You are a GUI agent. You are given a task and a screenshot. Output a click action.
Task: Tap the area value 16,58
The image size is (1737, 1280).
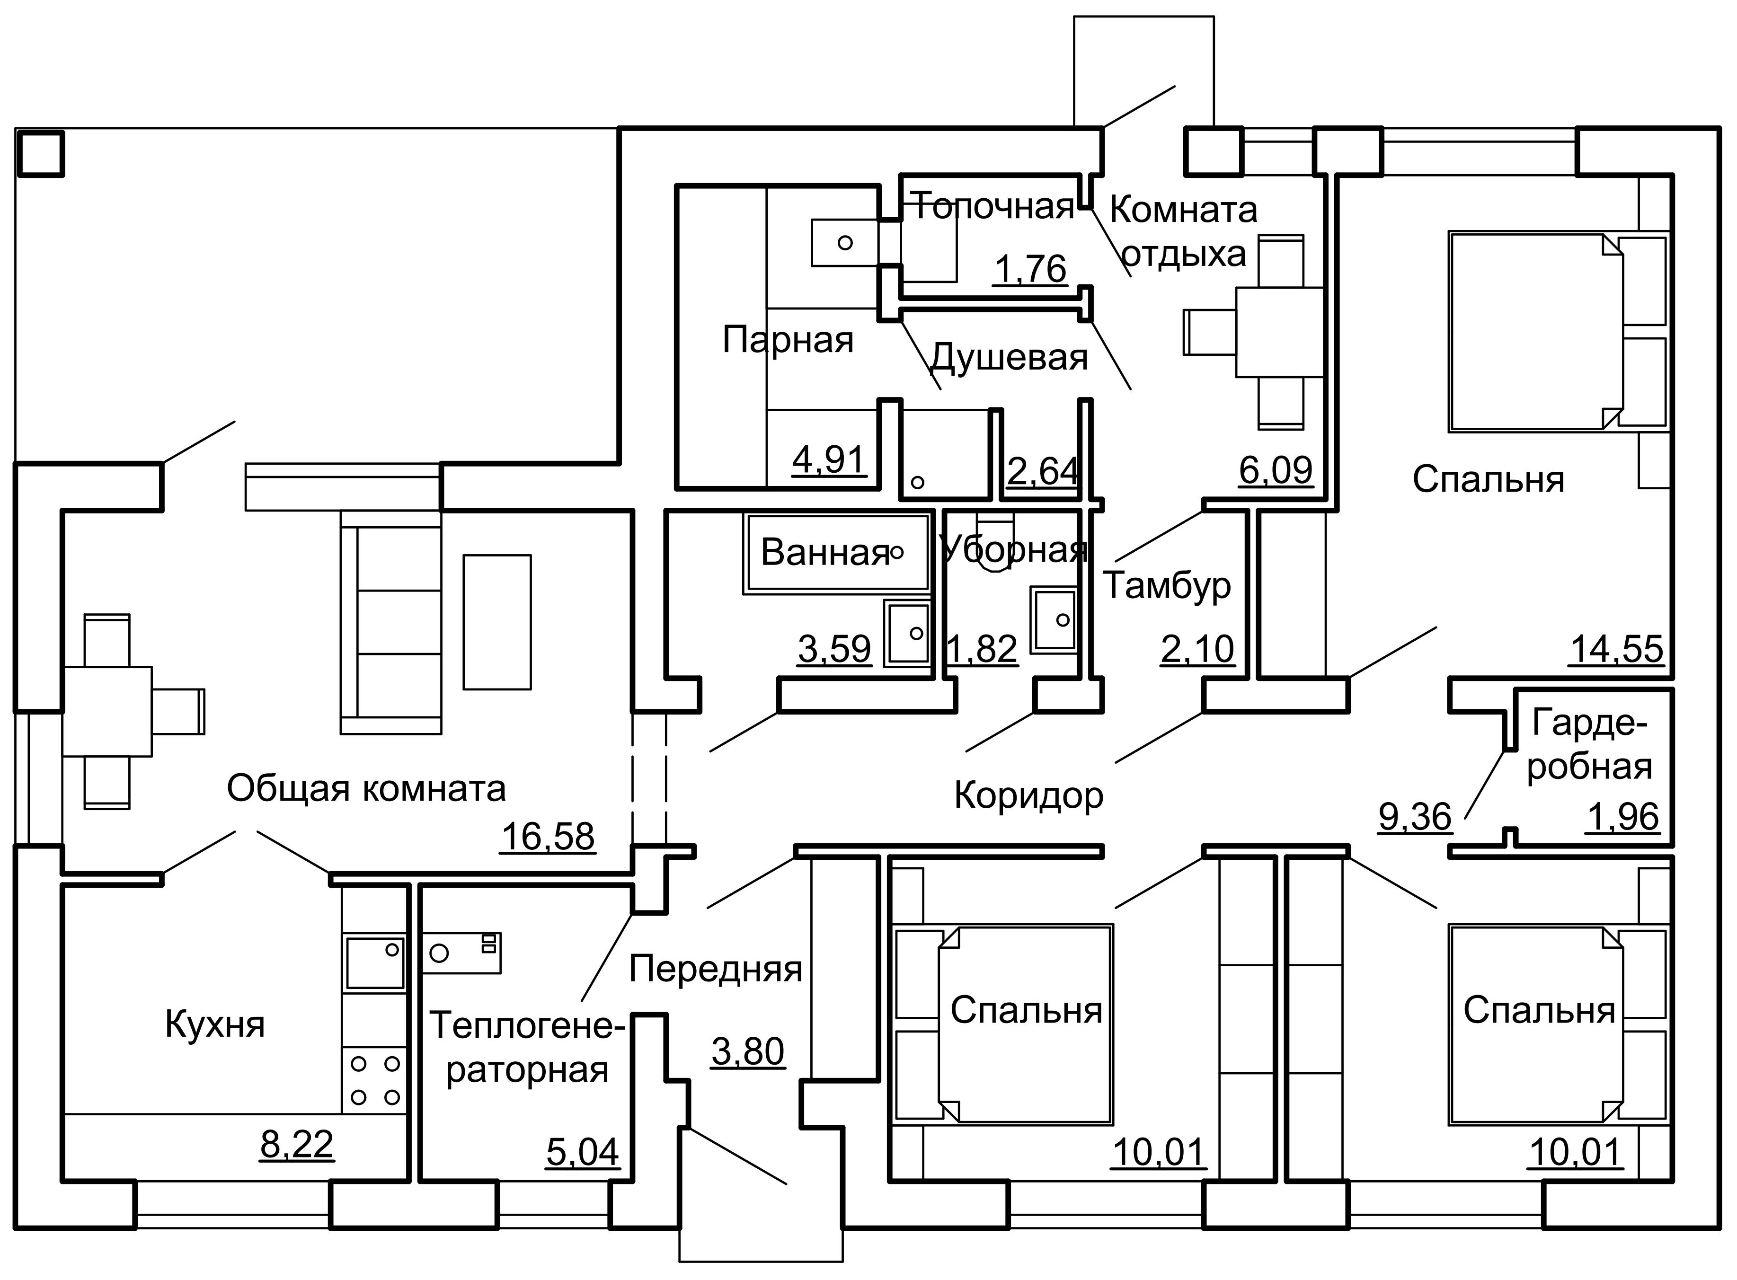549,837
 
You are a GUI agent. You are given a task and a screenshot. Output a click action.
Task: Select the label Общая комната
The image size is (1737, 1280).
366,789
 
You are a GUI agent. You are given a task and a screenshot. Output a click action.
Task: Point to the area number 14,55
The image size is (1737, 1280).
1616,649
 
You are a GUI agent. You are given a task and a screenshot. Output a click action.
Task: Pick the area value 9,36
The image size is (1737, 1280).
1415,817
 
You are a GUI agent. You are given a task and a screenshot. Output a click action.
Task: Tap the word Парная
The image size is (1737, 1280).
788,340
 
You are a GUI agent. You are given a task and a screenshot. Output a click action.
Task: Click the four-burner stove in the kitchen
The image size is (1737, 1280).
375,1080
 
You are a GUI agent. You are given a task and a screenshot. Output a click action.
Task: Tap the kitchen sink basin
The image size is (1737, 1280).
375,963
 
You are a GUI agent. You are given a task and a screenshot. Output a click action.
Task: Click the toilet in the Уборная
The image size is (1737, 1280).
995,542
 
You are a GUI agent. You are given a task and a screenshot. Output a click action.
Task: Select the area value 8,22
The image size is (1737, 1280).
297,1144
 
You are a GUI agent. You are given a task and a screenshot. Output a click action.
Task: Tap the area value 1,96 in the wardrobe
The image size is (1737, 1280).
1623,817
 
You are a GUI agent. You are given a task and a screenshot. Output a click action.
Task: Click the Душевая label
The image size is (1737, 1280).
1009,358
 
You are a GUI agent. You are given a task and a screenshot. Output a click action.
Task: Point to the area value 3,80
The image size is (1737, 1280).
748,1051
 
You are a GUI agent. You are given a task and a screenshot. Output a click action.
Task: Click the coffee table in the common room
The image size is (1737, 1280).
496,621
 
